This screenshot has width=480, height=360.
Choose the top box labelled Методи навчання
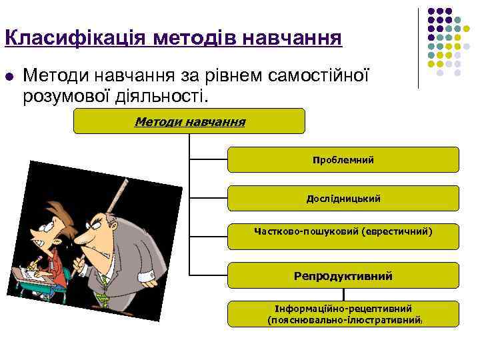[189, 122]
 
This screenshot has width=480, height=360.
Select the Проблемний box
[343, 160]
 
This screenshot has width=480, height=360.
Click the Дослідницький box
[343, 199]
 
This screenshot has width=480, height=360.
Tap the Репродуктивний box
[343, 275]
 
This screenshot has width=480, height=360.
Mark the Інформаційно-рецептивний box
[343, 309]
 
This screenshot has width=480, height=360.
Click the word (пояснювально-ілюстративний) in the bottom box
[343, 321]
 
